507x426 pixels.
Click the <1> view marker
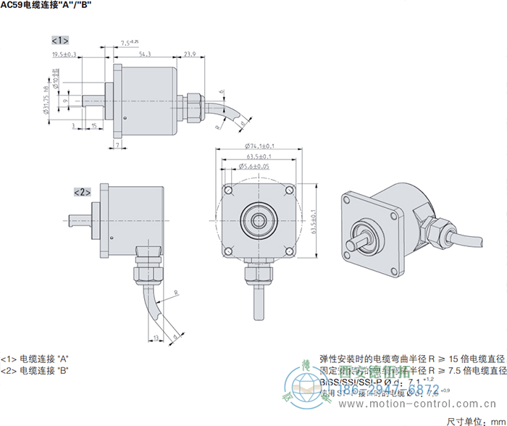[60, 39]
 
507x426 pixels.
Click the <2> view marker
[82, 192]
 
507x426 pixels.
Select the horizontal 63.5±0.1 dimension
[259, 156]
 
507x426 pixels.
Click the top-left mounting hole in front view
[228, 191]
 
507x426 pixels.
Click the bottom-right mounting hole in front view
[290, 251]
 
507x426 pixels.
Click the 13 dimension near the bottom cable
[156, 338]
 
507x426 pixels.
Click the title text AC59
[12, 5]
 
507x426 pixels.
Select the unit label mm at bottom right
[498, 419]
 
